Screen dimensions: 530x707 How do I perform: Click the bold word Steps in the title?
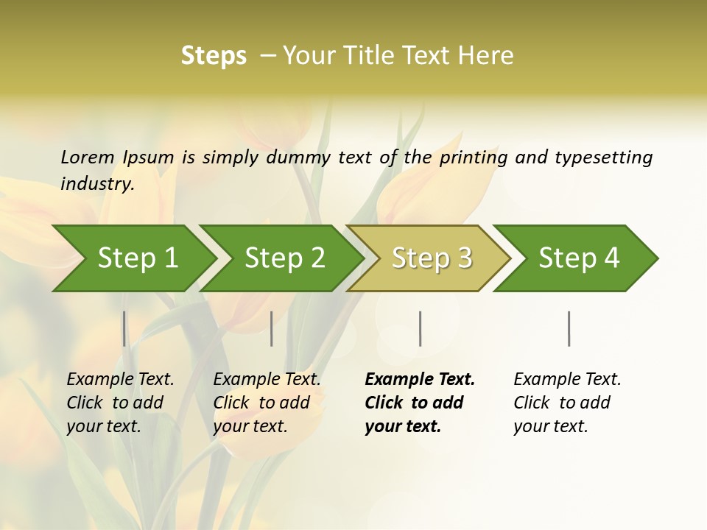pos(214,56)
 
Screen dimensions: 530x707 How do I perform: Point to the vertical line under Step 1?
pos(124,328)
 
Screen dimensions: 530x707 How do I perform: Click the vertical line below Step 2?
pos(272,328)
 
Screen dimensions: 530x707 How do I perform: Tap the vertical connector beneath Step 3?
pos(420,328)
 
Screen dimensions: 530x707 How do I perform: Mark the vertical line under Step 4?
pos(569,328)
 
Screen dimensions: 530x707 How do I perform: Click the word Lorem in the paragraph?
pos(87,157)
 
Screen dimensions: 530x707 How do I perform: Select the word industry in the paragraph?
pos(96,183)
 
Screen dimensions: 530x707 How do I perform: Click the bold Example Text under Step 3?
pos(420,380)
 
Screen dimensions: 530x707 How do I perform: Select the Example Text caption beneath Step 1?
pos(120,380)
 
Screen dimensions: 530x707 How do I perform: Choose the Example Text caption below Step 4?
pos(567,380)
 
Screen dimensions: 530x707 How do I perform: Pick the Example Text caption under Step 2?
pos(267,380)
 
